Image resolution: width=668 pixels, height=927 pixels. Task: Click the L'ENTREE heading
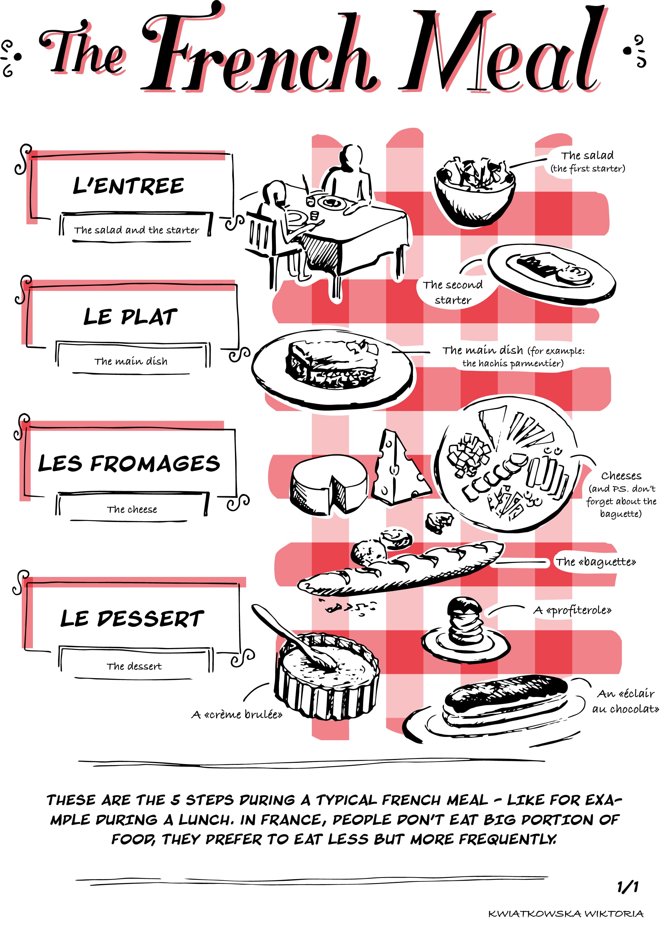click(x=128, y=186)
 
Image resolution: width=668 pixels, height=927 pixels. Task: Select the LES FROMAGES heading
click(x=129, y=463)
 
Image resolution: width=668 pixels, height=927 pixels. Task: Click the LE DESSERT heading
click(x=132, y=618)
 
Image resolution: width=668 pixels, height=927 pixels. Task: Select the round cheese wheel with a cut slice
click(x=329, y=484)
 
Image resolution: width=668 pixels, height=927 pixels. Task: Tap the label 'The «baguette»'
click(x=595, y=562)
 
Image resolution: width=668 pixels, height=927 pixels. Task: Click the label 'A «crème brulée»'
click(x=237, y=714)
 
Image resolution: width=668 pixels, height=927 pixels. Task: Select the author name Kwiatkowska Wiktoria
click(x=566, y=914)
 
